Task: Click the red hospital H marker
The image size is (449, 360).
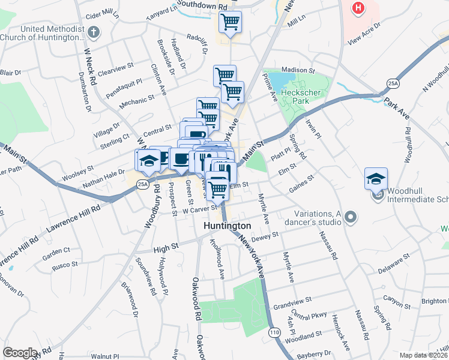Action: (358, 8)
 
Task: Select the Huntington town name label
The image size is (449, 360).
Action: (227, 226)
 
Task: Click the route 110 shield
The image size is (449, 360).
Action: (274, 332)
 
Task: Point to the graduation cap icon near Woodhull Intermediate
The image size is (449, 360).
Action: (376, 178)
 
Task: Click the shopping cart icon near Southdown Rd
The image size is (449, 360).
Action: (231, 22)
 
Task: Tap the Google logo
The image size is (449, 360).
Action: (20, 353)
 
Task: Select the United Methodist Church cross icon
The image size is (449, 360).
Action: (92, 32)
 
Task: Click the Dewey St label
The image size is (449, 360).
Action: (265, 237)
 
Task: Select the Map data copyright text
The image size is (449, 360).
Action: (423, 355)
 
